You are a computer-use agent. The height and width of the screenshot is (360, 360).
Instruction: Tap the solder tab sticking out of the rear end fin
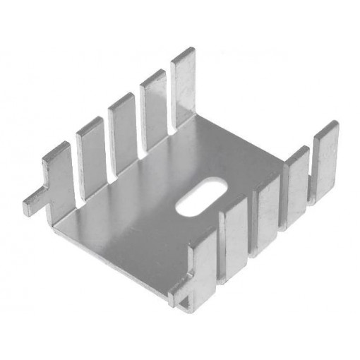click(34, 203)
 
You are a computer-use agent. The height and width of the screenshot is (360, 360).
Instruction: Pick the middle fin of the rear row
click(121, 131)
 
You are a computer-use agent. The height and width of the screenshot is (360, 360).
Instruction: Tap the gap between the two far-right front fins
click(310, 176)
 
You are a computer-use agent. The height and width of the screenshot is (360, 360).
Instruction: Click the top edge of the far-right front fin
click(327, 128)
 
